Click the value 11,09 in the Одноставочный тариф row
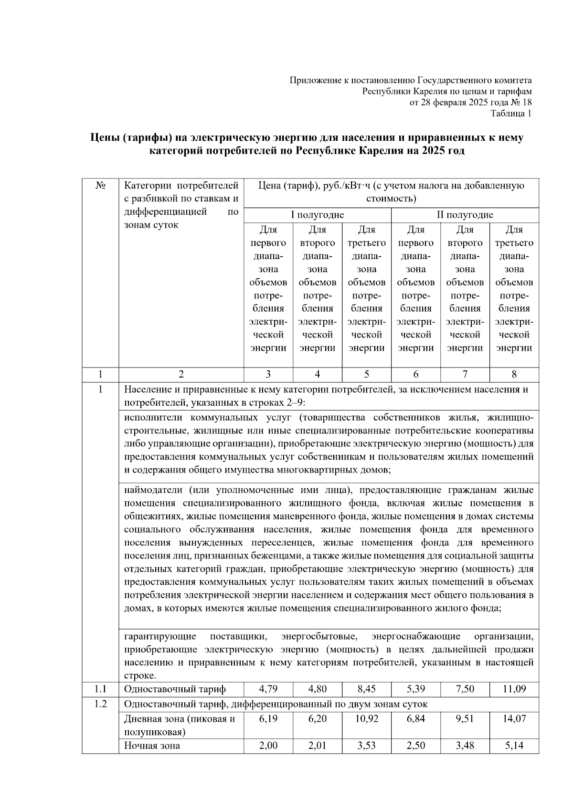tap(514, 689)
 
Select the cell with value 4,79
tap(268, 689)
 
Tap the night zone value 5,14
tap(514, 746)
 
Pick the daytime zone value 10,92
tap(366, 719)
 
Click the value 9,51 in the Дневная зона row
tap(465, 719)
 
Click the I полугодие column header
tap(318, 215)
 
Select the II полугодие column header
tap(465, 215)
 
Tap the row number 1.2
tap(100, 704)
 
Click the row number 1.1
tap(100, 689)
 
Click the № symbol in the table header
tap(100, 186)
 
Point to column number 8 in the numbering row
tap(514, 375)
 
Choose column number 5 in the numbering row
tap(366, 375)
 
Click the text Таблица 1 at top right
tap(511, 114)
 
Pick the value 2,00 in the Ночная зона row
tap(268, 746)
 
